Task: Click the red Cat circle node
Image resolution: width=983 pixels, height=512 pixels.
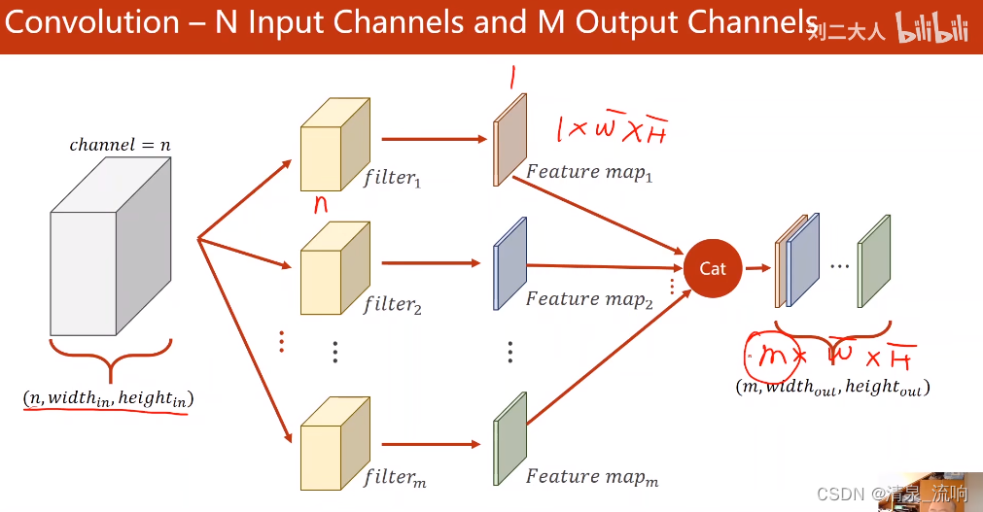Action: click(x=712, y=268)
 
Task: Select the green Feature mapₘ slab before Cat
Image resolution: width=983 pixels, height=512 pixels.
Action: click(x=509, y=437)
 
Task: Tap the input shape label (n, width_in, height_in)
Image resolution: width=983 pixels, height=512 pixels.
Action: click(x=108, y=398)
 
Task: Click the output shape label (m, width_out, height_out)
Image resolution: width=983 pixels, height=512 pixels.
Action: click(x=832, y=387)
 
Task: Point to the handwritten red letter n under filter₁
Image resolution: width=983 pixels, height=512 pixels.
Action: click(x=319, y=205)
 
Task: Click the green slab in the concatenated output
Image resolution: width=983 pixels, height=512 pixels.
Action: click(x=873, y=261)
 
